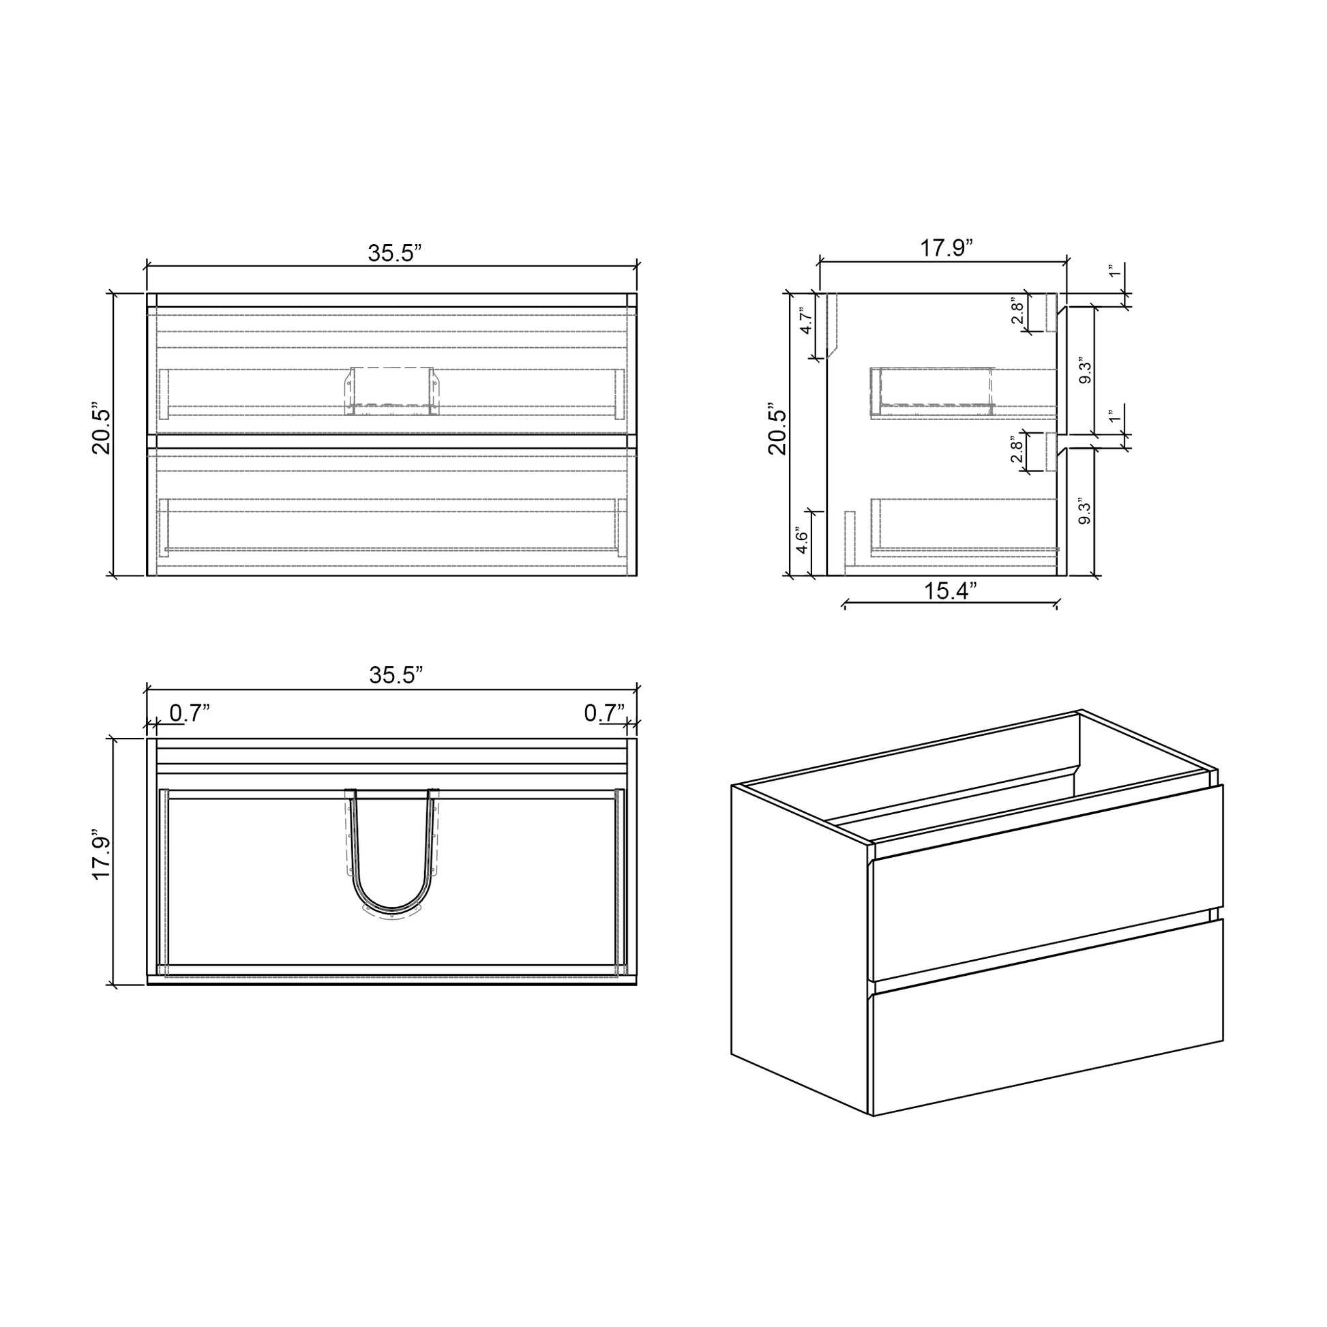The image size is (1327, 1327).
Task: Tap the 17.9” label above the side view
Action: pyautogui.click(x=946, y=248)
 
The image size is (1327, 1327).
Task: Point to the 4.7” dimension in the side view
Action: pyautogui.click(x=807, y=320)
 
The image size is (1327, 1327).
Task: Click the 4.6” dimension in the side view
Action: pyautogui.click(x=801, y=542)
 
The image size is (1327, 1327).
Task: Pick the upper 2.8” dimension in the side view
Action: pyautogui.click(x=1017, y=310)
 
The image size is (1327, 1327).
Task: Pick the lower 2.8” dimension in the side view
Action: pyautogui.click(x=1017, y=450)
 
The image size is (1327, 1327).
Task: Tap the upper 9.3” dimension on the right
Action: pyautogui.click(x=1085, y=371)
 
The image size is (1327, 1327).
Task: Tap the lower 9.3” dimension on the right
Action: pyautogui.click(x=1085, y=511)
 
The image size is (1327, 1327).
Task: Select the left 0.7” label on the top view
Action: pyautogui.click(x=189, y=714)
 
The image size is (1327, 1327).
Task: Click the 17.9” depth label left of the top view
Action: pyautogui.click(x=102, y=862)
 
